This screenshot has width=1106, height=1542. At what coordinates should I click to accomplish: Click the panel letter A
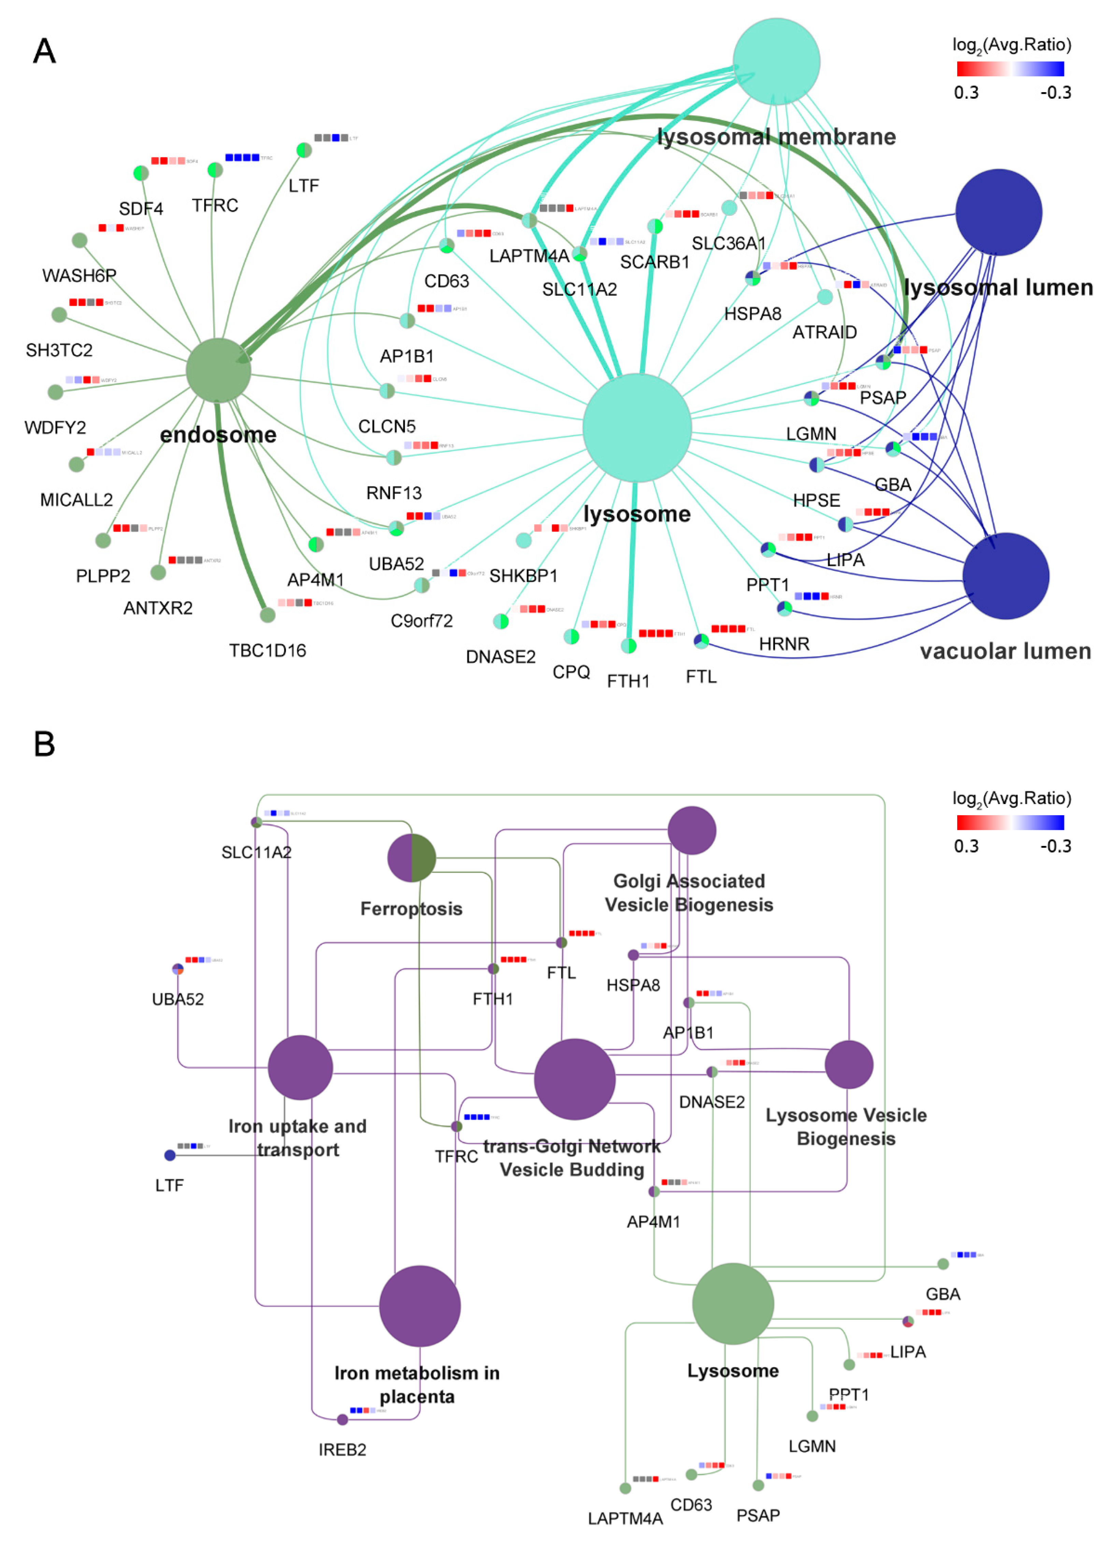pos(44,51)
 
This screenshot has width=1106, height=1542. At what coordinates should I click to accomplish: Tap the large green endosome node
pos(218,370)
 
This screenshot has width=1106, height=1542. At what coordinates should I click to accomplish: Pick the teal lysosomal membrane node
pos(776,61)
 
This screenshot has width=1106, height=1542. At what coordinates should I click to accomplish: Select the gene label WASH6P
pos(80,275)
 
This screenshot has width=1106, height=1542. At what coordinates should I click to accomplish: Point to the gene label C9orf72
pos(421,621)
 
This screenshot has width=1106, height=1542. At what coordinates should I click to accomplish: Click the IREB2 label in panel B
pos(343,1450)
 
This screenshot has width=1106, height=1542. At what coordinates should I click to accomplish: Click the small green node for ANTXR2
pos(158,572)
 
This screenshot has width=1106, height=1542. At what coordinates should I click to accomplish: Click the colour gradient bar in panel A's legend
pos(1010,69)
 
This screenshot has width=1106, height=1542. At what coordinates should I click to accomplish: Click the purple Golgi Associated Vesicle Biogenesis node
pos(691,830)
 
